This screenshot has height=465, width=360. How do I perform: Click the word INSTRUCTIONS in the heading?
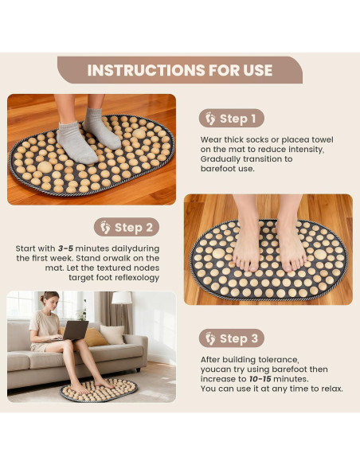[x=146, y=70]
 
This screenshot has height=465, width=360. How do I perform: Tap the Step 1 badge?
[x=231, y=119]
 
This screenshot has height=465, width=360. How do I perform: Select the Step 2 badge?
[x=127, y=227]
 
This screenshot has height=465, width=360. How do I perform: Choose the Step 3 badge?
[x=231, y=338]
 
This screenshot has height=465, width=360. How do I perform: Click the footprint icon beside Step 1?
[x=210, y=119]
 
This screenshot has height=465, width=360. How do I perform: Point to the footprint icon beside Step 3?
[x=210, y=338]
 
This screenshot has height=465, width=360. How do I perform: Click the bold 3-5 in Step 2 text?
[x=65, y=248]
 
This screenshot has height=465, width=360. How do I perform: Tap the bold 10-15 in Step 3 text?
[x=260, y=379]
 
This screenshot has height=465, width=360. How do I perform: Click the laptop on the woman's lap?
[x=75, y=330]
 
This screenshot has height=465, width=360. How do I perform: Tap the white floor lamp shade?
[x=122, y=298]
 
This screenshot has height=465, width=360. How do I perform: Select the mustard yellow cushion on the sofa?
[x=95, y=337]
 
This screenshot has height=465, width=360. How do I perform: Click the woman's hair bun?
[x=41, y=298]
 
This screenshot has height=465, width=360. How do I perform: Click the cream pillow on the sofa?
[x=112, y=334]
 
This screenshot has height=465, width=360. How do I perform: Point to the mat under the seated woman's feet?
[x=99, y=390]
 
